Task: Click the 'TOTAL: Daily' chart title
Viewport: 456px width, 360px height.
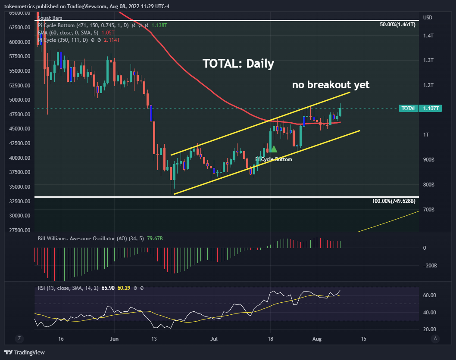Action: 238,64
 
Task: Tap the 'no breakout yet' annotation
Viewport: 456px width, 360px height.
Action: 331,85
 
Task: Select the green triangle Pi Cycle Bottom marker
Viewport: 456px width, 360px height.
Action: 273,149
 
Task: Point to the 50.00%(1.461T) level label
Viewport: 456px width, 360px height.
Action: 397,25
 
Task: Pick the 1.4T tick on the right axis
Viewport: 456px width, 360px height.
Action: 428,36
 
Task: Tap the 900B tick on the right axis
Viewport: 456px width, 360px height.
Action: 429,160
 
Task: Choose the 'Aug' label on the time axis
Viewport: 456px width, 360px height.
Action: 317,338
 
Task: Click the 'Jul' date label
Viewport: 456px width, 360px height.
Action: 213,338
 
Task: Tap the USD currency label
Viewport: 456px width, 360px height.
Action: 428,18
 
